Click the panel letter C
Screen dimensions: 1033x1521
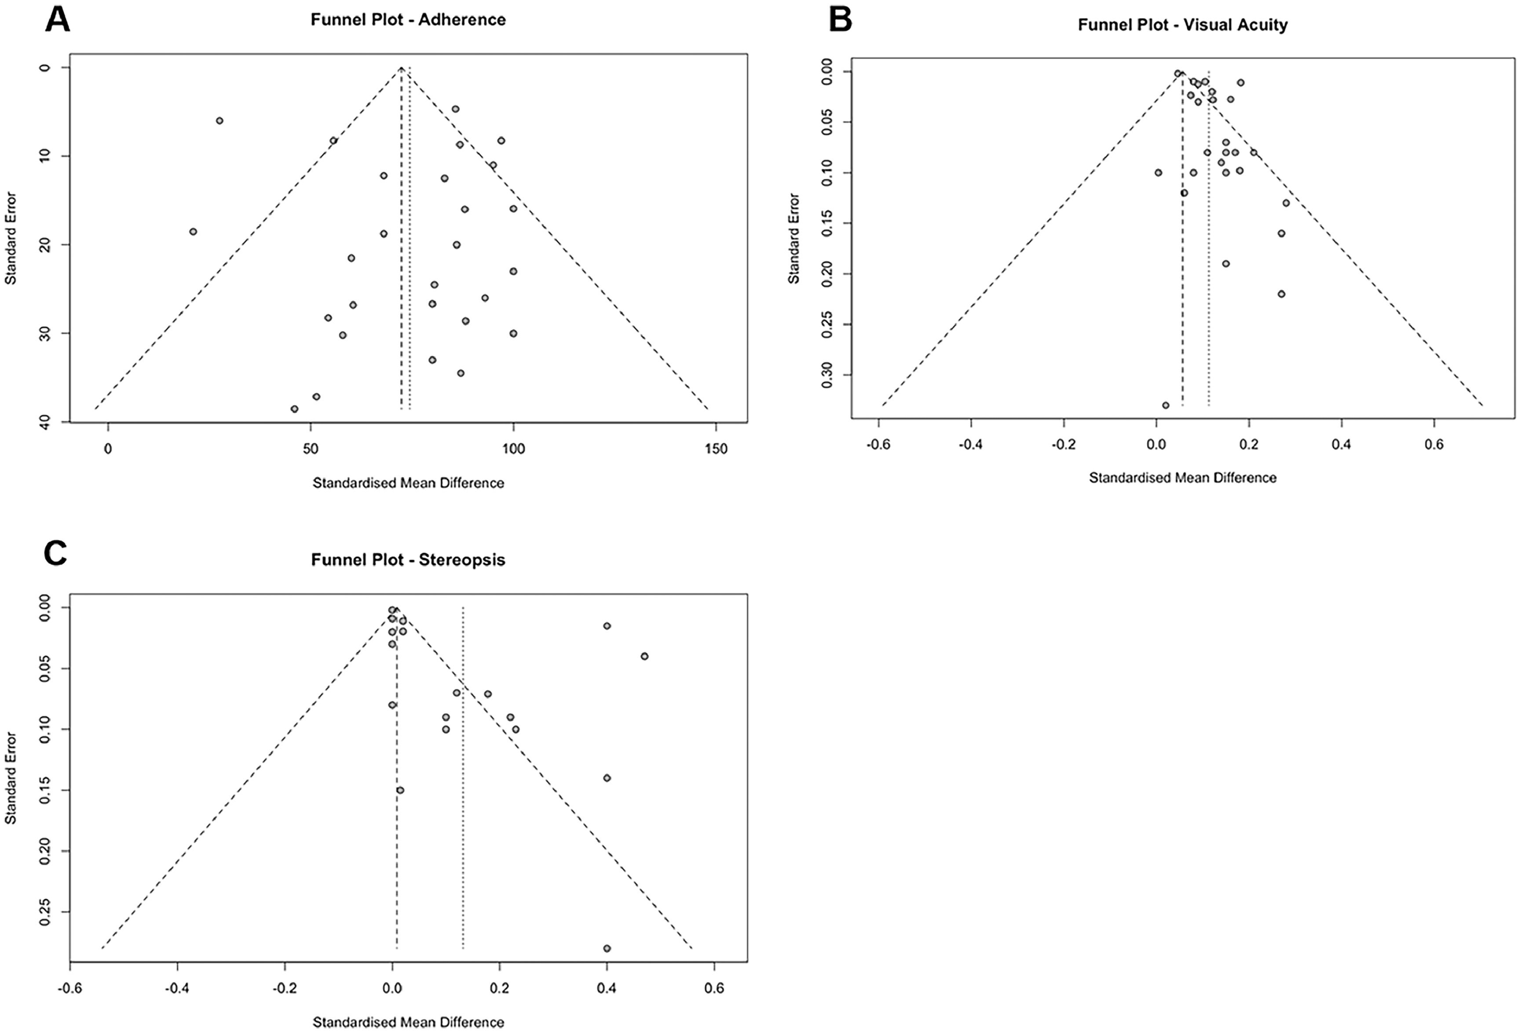[x=55, y=554]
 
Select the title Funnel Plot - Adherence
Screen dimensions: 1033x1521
[x=408, y=20]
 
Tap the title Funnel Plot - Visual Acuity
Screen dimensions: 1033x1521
[x=1183, y=25]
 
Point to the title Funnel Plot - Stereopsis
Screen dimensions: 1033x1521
[x=408, y=560]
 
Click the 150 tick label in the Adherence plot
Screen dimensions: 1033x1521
[x=716, y=449]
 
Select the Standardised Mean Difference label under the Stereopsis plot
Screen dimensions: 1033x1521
[x=408, y=1022]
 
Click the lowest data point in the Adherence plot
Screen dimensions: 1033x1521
[x=295, y=409]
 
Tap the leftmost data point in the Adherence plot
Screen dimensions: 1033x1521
[x=193, y=232]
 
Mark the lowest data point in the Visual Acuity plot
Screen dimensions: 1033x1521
[x=1166, y=405]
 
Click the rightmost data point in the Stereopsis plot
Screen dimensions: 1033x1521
[x=645, y=656]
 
